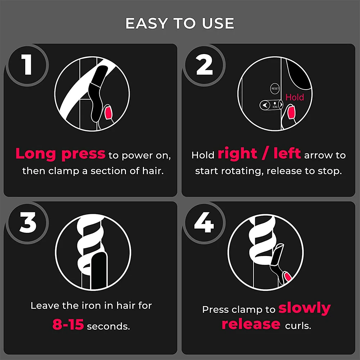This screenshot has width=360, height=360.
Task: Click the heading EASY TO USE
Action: [x=180, y=23]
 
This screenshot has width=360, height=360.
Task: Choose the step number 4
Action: [x=204, y=223]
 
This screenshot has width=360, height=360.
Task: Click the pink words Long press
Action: [x=60, y=154]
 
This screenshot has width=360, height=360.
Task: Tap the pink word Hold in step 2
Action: [x=294, y=97]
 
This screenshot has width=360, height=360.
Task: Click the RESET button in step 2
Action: [x=275, y=88]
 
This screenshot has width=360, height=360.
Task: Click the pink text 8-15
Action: [x=68, y=325]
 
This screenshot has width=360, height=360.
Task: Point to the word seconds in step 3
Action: [x=108, y=327]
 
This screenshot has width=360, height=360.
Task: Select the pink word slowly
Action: [x=305, y=308]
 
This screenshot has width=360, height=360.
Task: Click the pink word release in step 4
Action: [x=251, y=324]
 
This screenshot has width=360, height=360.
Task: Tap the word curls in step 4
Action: [x=298, y=326]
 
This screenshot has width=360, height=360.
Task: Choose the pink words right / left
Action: [x=259, y=154]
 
